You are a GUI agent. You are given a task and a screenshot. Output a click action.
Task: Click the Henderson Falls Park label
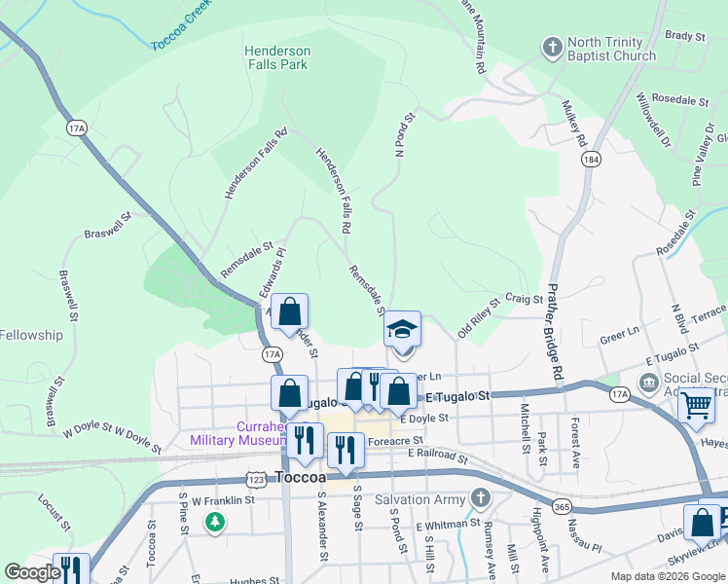(277, 57)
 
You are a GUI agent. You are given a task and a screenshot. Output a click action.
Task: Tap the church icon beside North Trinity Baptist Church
(552, 47)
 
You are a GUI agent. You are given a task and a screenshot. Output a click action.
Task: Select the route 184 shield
(590, 159)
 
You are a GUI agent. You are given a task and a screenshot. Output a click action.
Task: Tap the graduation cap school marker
(401, 330)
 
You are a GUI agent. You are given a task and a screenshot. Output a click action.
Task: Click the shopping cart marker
(697, 404)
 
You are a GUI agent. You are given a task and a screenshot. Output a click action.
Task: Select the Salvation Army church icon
(479, 499)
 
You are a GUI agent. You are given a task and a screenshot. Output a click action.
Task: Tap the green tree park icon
(215, 523)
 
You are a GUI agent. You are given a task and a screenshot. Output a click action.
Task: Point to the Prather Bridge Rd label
(556, 331)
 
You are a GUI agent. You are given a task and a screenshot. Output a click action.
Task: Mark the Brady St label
(684, 36)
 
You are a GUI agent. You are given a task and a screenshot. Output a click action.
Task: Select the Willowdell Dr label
(653, 120)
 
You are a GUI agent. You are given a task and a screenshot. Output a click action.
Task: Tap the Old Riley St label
(478, 316)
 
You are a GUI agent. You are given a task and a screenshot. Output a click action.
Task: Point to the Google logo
(31, 573)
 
